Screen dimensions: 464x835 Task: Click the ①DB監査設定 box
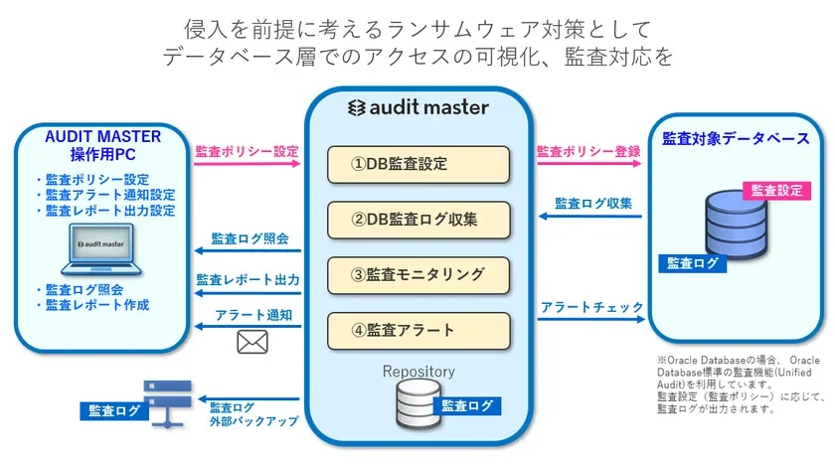tap(418, 164)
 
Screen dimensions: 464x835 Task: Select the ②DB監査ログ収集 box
tap(418, 219)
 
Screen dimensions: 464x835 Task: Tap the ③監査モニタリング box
tap(418, 274)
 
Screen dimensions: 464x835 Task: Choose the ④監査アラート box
tap(418, 330)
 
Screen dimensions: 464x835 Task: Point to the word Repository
tap(418, 372)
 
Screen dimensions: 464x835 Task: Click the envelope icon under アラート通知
tap(251, 343)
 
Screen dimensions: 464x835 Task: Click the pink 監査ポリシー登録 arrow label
tap(588, 152)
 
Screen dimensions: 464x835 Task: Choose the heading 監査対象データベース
tap(736, 139)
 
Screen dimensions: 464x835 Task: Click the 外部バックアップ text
tap(253, 421)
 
